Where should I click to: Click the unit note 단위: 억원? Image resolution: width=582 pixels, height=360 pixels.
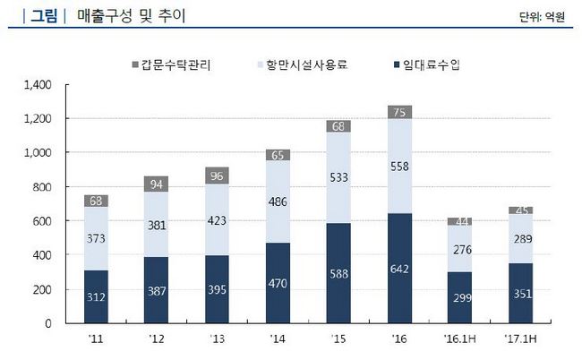click(542, 16)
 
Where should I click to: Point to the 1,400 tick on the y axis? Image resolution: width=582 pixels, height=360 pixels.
click(39, 85)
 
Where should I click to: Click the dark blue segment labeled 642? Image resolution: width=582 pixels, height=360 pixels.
click(400, 269)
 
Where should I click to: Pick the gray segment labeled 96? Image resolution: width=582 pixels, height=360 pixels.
click(217, 176)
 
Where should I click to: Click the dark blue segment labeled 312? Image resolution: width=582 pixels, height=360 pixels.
click(96, 297)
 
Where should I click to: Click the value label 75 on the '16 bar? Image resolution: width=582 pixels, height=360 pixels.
click(400, 112)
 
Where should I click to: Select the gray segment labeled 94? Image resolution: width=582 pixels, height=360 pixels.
click(157, 184)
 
